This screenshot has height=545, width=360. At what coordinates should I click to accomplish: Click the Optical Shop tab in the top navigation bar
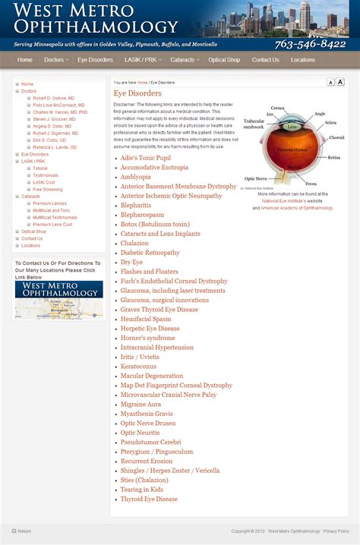pyautogui.click(x=224, y=60)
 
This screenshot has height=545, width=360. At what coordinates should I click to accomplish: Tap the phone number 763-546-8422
pyautogui.click(x=310, y=44)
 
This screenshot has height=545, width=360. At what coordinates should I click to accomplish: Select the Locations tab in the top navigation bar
pyautogui.click(x=302, y=60)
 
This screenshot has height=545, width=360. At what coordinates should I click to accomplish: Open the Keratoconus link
pyautogui.click(x=138, y=367)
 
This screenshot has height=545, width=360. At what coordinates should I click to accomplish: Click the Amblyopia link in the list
pyautogui.click(x=135, y=177)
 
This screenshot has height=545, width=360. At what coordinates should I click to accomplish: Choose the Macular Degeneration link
pyautogui.click(x=151, y=376)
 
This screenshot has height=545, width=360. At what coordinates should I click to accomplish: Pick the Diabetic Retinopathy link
pyautogui.click(x=150, y=253)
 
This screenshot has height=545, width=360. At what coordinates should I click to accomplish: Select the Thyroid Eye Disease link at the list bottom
pyautogui.click(x=148, y=499)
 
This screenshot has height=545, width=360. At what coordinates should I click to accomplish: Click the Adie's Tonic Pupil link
pyautogui.click(x=145, y=158)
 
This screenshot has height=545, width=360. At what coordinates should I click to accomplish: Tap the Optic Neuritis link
pyautogui.click(x=140, y=433)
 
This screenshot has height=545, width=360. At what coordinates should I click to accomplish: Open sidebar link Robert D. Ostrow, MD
pyautogui.click(x=54, y=98)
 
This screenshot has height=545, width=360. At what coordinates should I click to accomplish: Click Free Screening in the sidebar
pyautogui.click(x=48, y=189)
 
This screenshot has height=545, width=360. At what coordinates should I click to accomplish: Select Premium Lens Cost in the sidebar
pyautogui.click(x=52, y=225)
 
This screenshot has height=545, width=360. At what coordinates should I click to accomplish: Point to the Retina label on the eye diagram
pyautogui.click(x=333, y=157)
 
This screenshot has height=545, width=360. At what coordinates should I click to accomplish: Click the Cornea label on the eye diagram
pyautogui.click(x=277, y=109)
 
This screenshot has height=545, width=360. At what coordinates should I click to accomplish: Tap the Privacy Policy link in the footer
pyautogui.click(x=336, y=531)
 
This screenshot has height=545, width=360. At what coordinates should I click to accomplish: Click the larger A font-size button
pyautogui.click(x=340, y=82)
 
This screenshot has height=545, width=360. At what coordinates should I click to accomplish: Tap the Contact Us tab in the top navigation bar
pyautogui.click(x=265, y=60)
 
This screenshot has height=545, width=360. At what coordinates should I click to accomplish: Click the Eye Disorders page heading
pyautogui.click(x=137, y=93)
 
